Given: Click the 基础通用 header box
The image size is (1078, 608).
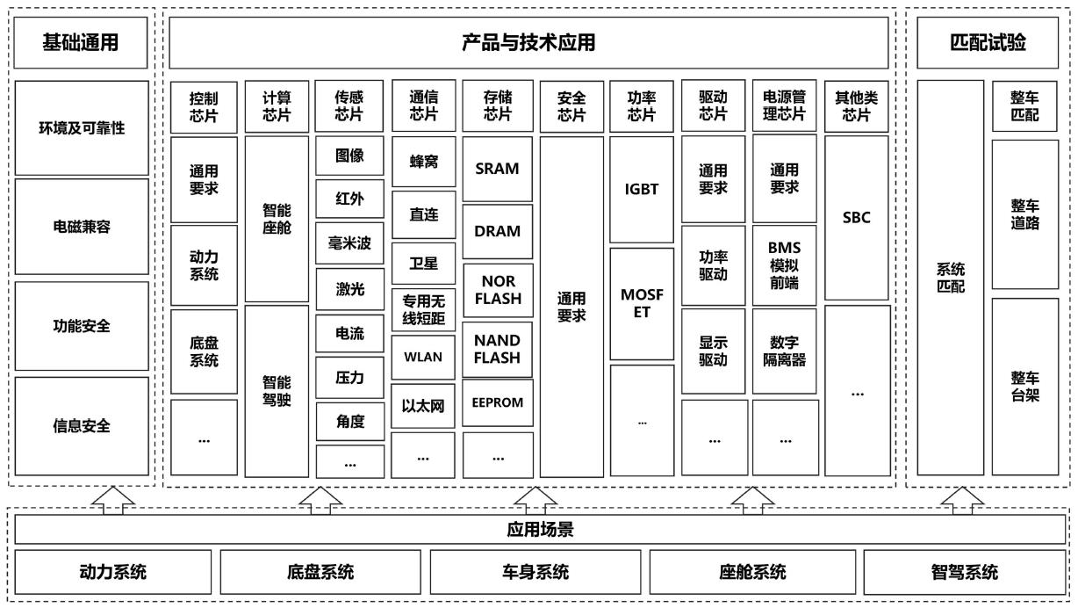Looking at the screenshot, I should tap(81, 42).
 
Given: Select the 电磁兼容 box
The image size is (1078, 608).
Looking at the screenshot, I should tap(83, 227).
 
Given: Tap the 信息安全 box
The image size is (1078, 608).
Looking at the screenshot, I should tap(83, 427).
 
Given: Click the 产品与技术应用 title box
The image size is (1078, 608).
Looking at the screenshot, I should tap(528, 42).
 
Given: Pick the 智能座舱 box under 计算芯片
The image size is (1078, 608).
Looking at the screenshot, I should tap(277, 220).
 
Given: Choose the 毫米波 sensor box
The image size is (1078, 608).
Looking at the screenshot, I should tap(349, 242).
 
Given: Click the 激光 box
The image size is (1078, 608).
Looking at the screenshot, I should tap(349, 287).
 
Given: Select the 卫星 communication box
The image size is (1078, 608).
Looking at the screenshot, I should tap(423, 263).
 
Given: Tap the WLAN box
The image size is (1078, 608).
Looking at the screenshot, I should tap(423, 358).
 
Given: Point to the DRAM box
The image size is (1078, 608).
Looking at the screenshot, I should tap(498, 231).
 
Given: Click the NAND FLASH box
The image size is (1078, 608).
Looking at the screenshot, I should tap(498, 349).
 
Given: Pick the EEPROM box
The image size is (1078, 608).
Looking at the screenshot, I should tap(498, 402).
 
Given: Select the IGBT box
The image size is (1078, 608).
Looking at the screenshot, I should tap(642, 188).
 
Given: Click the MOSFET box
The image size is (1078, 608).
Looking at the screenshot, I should tap(642, 303).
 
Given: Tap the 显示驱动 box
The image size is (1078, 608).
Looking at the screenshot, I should tap(714, 351).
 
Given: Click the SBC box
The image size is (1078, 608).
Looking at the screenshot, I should tap(856, 217).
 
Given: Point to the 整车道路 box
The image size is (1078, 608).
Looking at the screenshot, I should tap(1024, 214).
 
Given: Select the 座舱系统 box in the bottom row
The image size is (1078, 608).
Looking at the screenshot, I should tap(753, 573).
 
